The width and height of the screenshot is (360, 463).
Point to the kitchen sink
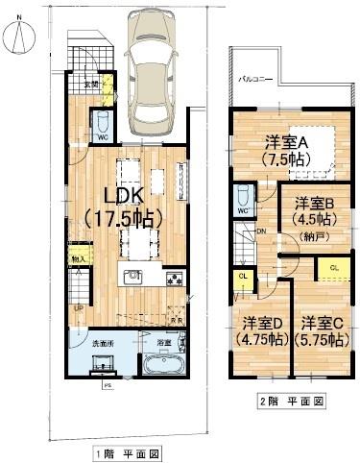coord(132,279)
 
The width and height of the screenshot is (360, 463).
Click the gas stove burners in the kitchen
coord(175,280)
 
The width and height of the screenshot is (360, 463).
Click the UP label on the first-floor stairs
coord(78,308)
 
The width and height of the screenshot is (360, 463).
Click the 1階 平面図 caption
coord(127,451)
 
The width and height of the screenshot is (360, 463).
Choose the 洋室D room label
coord(262,329)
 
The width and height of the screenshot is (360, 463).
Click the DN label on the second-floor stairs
coord(259,231)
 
